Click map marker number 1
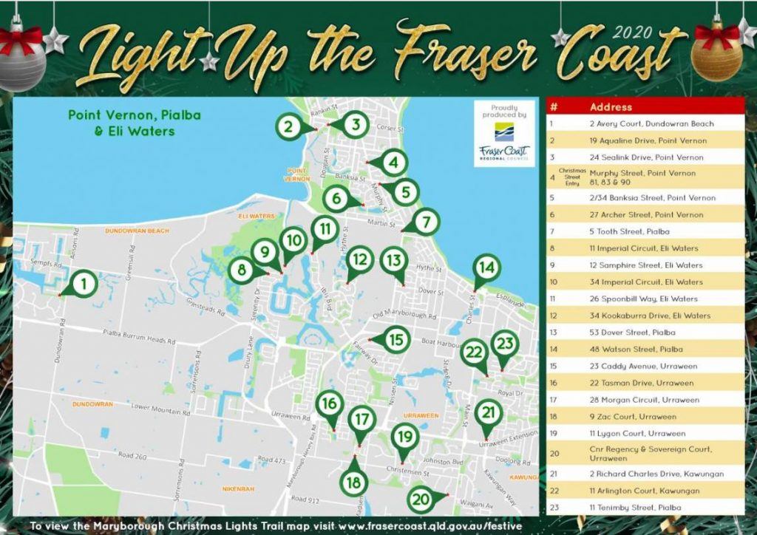(84, 283)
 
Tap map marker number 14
(485, 268)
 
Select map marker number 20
(421, 499)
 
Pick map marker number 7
(426, 221)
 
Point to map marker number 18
(354, 482)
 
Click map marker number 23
(505, 344)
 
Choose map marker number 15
(397, 340)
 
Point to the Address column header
(611, 107)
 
